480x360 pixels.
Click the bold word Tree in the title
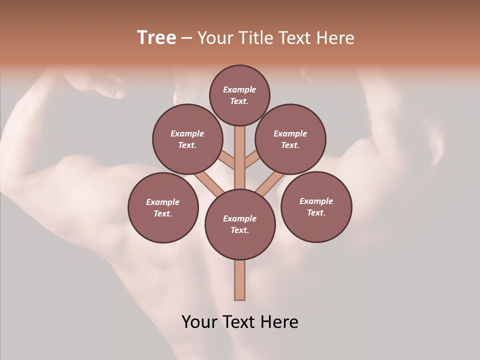156,38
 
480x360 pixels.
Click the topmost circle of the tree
239,95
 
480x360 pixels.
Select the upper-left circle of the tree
187,139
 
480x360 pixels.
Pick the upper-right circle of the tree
290,139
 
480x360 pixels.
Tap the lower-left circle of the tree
163,207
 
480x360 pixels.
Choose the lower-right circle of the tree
316,206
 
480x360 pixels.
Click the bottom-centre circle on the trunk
240,224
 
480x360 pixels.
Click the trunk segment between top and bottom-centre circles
240,157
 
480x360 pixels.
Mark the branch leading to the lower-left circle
209,184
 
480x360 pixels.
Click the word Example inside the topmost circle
239,89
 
